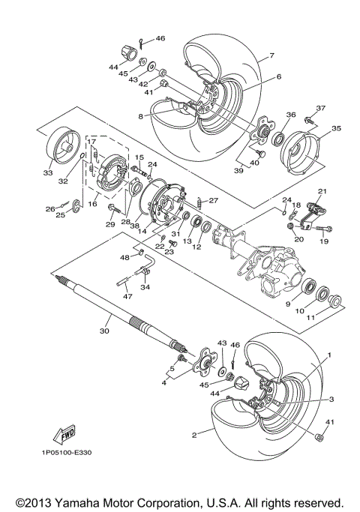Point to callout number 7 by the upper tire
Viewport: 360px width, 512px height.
[271, 56]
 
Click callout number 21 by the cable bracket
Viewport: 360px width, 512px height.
[322, 192]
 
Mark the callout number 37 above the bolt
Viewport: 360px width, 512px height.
[321, 108]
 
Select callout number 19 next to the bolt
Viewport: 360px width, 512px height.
[324, 242]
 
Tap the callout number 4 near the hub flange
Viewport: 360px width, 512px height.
[164, 383]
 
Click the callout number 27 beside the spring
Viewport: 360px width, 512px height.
[212, 201]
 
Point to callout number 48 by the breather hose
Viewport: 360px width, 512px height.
[124, 257]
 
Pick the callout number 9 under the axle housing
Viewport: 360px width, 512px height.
[286, 304]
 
